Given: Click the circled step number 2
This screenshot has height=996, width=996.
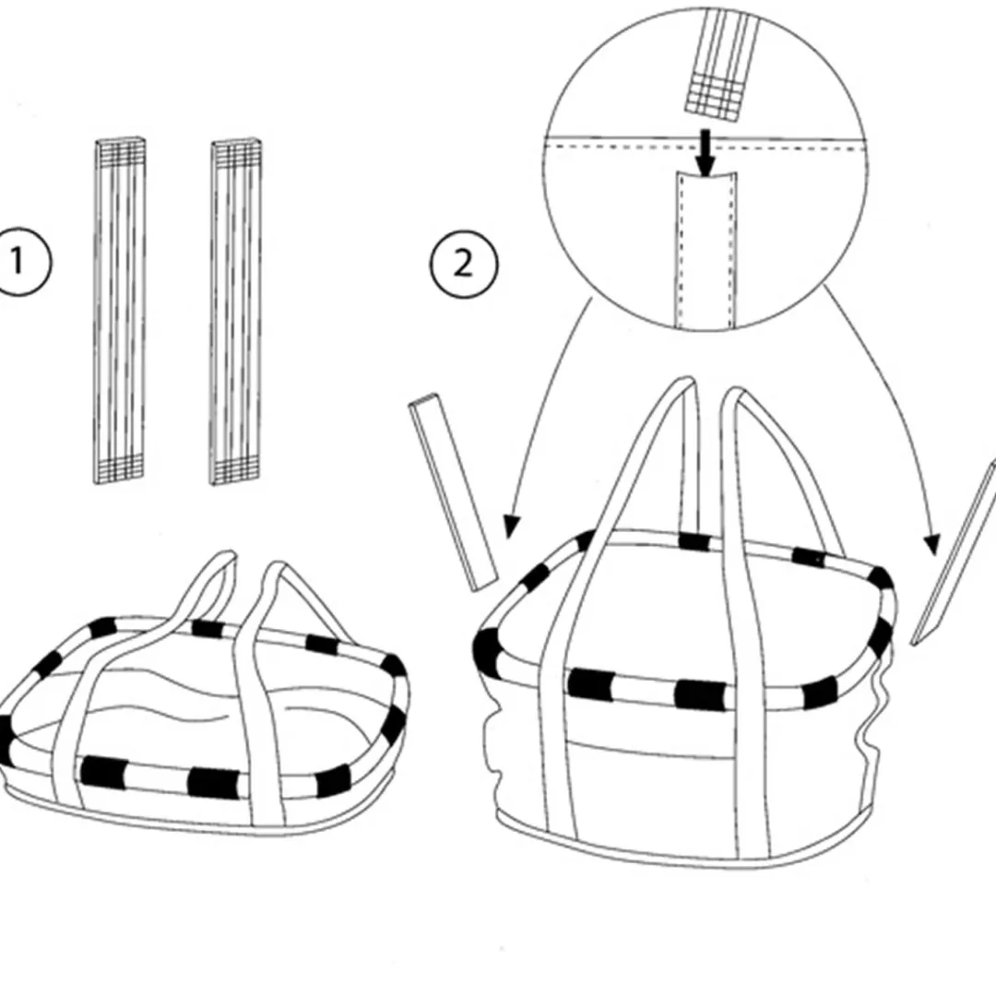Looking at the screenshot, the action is coord(464,265).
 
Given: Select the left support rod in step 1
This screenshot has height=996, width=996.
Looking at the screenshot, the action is coord(119,311).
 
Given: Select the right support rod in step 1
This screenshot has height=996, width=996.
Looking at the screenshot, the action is coord(236,313).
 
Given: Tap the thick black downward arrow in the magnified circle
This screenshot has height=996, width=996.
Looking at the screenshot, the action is coord(705,152).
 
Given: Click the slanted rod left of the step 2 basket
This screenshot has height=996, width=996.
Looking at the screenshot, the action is coord(454,492).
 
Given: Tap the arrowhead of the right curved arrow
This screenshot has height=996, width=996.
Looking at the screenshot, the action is coord(932,544).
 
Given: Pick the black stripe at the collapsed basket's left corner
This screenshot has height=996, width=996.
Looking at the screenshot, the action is coord(6,740).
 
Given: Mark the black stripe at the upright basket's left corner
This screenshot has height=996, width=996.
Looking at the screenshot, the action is coord(485,652).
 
